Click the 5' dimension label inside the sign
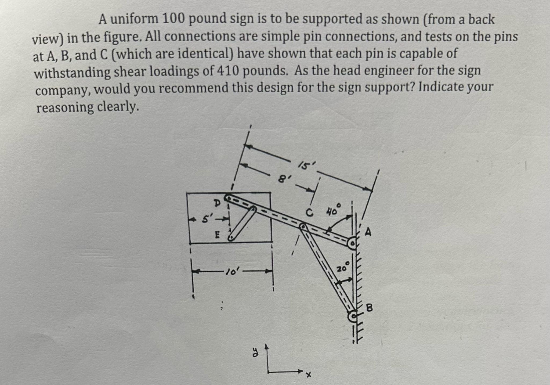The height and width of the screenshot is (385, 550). click(x=206, y=220)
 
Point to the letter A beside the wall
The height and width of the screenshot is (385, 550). click(x=368, y=232)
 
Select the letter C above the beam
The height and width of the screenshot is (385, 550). click(x=309, y=213)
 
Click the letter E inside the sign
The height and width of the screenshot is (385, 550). click(x=218, y=235)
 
